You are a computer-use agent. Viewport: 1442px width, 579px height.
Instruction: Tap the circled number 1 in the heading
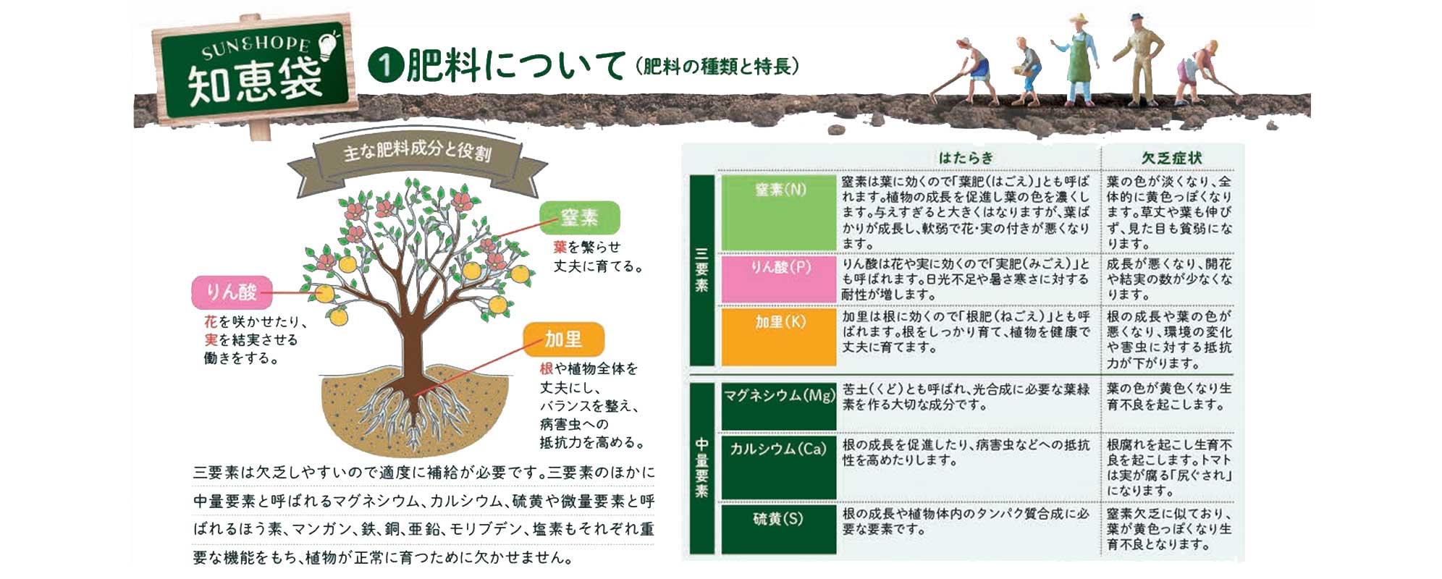[x=385, y=65]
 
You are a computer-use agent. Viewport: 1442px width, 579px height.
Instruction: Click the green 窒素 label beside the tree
[x=580, y=217]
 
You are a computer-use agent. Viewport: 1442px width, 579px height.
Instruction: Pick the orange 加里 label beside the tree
[x=563, y=339]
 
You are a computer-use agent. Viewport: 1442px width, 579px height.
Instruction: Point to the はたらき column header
[x=966, y=158]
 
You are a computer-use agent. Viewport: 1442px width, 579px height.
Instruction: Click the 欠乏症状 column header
[x=1171, y=158]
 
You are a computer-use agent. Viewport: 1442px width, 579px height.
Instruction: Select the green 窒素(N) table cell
[x=779, y=213]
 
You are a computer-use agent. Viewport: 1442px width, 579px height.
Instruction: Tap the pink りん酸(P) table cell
[x=779, y=278]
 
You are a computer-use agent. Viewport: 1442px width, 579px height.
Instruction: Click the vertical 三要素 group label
[x=701, y=271]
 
